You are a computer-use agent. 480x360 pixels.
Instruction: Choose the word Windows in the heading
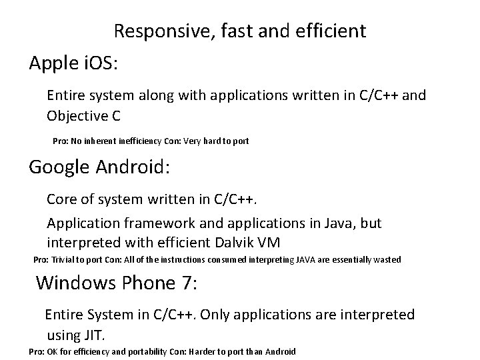pyautogui.click(x=77, y=283)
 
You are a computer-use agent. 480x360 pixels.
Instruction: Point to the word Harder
pyautogui.click(x=209, y=351)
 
